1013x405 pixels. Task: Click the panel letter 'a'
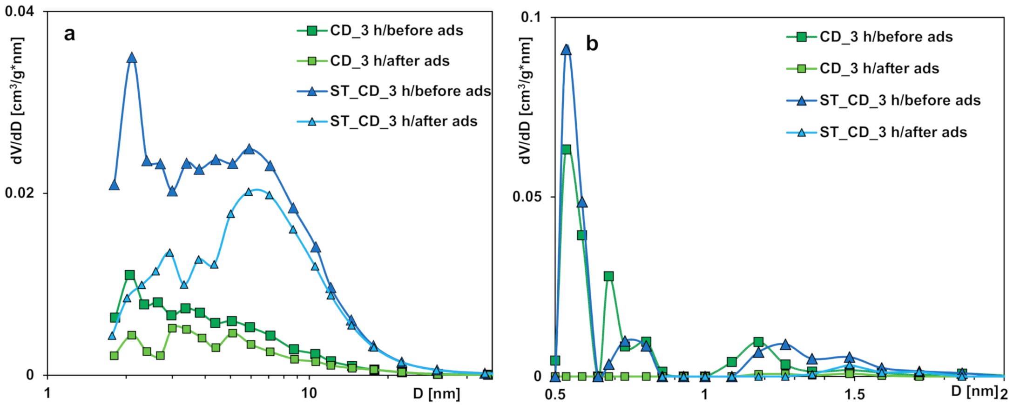(69, 34)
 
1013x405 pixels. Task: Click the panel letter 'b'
(592, 44)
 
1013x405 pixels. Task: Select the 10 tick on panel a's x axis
(309, 393)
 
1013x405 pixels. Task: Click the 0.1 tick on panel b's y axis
(531, 17)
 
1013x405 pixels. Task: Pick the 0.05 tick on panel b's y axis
(527, 197)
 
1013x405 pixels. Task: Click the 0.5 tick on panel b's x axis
(554, 395)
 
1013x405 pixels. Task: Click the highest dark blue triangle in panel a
(132, 58)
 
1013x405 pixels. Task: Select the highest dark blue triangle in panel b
(566, 50)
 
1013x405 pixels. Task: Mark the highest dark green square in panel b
(566, 150)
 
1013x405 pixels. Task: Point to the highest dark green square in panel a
(130, 275)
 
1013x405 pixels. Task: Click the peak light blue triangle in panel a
(249, 192)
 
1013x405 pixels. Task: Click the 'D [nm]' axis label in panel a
(436, 394)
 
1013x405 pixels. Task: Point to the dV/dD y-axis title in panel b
(525, 100)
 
